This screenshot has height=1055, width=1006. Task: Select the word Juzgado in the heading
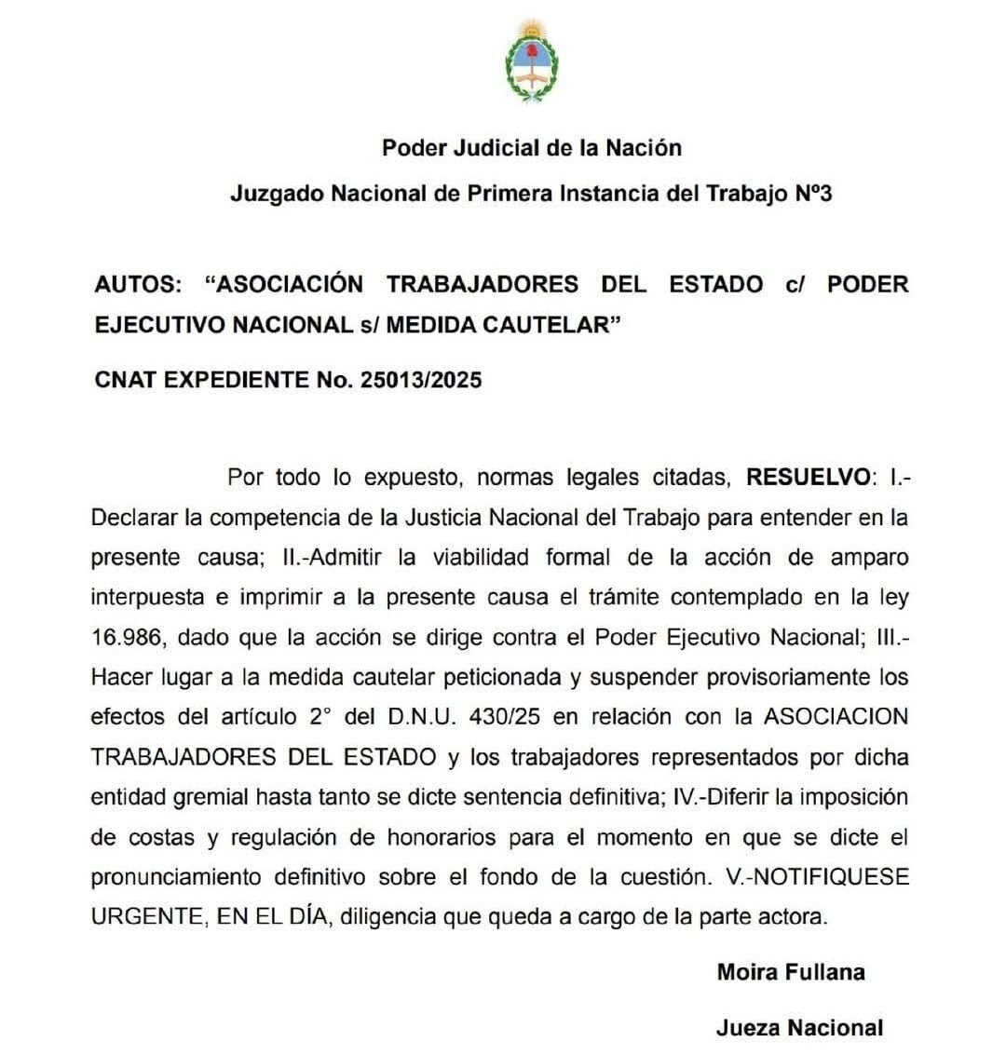pyautogui.click(x=270, y=194)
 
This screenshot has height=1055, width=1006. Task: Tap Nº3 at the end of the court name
pyautogui.click(x=812, y=194)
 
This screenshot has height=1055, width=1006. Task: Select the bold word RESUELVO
pyautogui.click(x=807, y=478)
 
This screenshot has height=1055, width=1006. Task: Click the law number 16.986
pyautogui.click(x=127, y=638)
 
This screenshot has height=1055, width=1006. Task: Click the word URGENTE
pyautogui.click(x=144, y=916)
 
